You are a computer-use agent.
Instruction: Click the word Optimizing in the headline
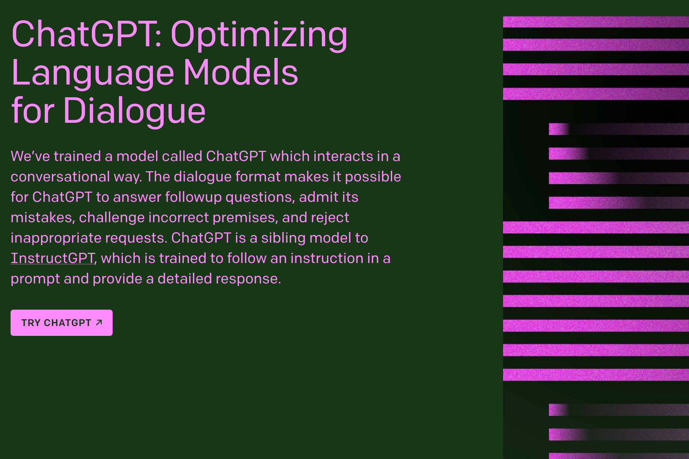[259, 35]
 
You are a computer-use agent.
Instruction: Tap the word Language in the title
[93, 73]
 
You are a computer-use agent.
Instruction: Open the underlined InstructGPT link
[52, 258]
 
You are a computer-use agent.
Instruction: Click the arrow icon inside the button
[99, 322]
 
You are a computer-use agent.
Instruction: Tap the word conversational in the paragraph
[60, 177]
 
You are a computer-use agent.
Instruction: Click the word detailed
[184, 279]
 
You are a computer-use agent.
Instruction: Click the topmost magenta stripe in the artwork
[596, 22]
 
